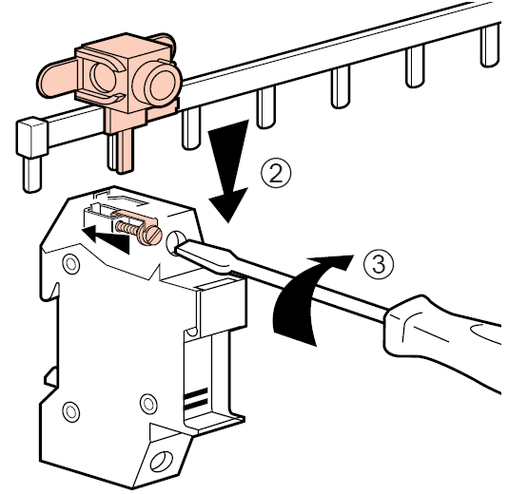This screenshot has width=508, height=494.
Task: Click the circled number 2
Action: coord(276,175)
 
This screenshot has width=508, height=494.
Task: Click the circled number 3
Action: coord(379,264)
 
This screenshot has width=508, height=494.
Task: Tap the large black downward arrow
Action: coord(228,171)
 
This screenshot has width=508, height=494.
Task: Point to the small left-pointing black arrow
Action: coord(106,239)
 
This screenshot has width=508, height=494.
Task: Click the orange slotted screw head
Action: coord(150,235)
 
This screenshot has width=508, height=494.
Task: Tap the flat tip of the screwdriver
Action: coord(177,248)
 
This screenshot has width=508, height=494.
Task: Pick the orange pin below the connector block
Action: coord(125,150)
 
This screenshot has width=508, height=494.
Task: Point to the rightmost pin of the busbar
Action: coord(490,46)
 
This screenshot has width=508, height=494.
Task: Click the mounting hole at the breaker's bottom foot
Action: coord(161,461)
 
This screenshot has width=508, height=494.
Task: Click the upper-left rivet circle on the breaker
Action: coord(71,264)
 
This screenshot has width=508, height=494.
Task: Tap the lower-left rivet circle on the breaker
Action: coord(71,411)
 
